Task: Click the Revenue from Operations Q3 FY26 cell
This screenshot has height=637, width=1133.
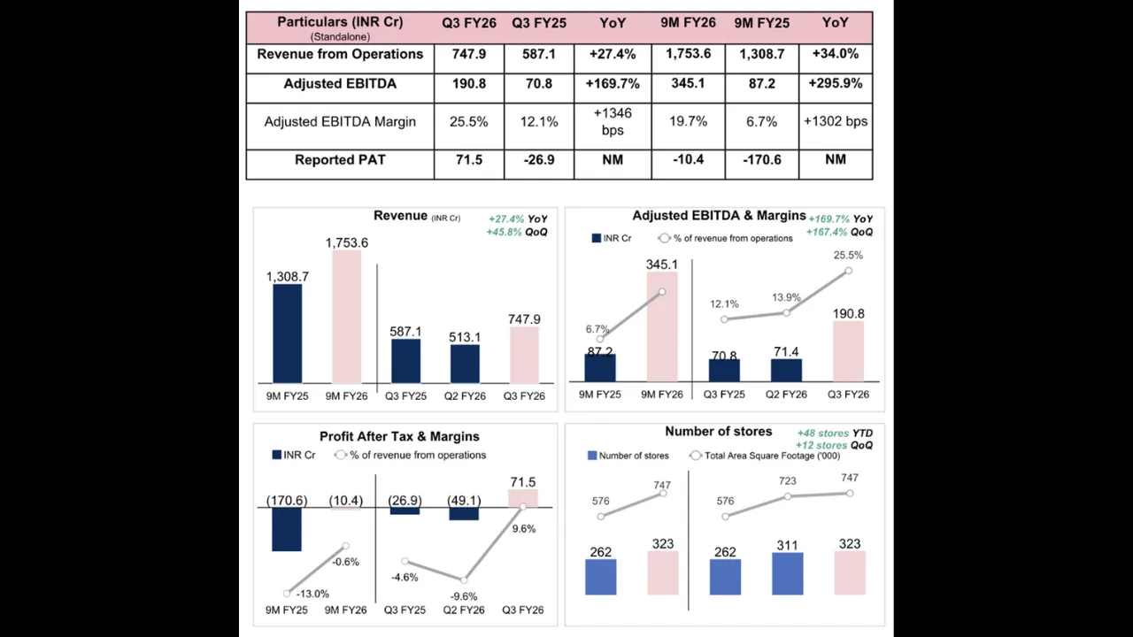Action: click(x=468, y=55)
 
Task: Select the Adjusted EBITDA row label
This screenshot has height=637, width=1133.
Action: click(x=340, y=84)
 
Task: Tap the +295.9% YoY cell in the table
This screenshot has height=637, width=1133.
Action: click(x=835, y=84)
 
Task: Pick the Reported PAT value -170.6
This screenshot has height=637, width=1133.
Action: click(x=760, y=160)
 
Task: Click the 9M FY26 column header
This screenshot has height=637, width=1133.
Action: click(x=688, y=23)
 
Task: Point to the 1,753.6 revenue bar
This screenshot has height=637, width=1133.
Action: click(x=346, y=316)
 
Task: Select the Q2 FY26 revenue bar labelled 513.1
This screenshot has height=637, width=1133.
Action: click(x=465, y=363)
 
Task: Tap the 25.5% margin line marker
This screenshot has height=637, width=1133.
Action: click(x=848, y=271)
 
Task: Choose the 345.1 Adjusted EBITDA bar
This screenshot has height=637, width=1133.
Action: click(x=662, y=326)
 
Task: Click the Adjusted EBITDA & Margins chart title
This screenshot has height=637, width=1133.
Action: click(x=719, y=216)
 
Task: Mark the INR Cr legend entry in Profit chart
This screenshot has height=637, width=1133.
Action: click(x=293, y=456)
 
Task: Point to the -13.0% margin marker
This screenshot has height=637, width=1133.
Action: click(x=287, y=594)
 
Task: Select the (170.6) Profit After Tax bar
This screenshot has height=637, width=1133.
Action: click(x=287, y=529)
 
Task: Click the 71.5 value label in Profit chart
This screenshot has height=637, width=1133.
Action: click(x=522, y=482)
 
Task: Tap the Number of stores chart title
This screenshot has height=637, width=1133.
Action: click(x=718, y=432)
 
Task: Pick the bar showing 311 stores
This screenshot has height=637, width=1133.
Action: click(x=787, y=573)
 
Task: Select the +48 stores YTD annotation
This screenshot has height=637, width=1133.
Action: click(x=834, y=434)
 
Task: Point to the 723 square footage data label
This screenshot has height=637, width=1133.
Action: click(x=787, y=481)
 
